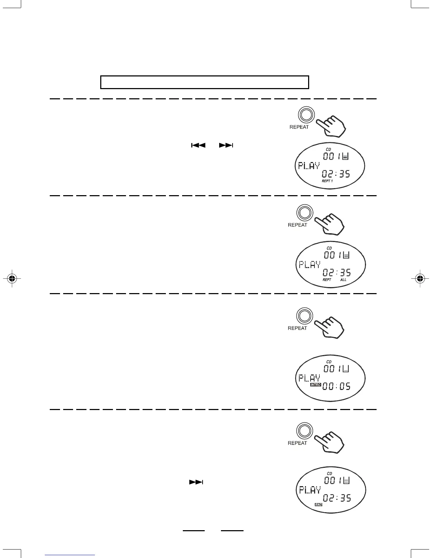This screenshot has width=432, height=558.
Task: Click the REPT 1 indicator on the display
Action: click(x=327, y=181)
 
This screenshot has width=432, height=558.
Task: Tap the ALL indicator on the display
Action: click(x=343, y=280)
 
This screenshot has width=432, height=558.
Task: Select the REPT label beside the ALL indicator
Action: click(x=327, y=280)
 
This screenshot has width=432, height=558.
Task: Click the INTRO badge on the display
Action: click(x=315, y=385)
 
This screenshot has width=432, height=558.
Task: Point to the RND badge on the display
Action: click(x=318, y=505)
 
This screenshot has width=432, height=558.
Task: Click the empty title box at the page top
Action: click(x=205, y=82)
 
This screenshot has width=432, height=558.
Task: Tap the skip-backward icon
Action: click(x=198, y=145)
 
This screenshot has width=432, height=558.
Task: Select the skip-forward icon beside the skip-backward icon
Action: click(x=226, y=145)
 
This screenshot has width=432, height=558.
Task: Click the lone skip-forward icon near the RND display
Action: click(x=196, y=482)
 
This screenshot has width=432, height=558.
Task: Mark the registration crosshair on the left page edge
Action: click(x=12, y=278)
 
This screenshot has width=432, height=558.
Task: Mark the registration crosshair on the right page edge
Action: click(x=420, y=278)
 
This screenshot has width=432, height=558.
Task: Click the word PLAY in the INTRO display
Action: click(x=310, y=378)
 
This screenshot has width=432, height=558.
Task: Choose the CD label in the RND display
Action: click(x=329, y=473)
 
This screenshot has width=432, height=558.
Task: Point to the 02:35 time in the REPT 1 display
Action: click(x=336, y=174)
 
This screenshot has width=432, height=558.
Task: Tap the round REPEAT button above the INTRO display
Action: click(x=305, y=315)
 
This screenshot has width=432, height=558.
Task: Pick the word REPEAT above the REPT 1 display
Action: click(x=299, y=127)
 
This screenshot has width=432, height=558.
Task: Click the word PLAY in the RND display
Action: click(x=310, y=490)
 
